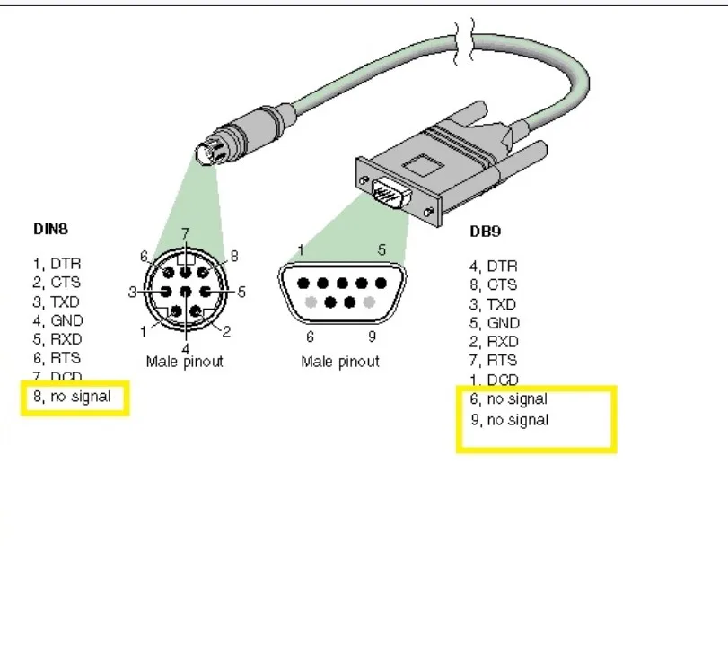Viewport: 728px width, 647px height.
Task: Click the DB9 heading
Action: pos(485,231)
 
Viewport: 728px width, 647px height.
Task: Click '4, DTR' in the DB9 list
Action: pos(493,266)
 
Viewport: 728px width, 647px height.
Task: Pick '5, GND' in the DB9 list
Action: pos(494,322)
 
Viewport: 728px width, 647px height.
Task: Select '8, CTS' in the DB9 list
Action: pos(493,284)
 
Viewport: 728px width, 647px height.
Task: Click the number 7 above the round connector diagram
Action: pos(185,234)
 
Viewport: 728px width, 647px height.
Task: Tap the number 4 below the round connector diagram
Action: pos(186,347)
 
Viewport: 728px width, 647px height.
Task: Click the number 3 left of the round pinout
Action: pos(132,292)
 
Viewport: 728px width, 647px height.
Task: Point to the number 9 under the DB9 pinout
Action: pos(372,337)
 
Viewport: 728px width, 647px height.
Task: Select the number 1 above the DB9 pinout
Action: pos(300,249)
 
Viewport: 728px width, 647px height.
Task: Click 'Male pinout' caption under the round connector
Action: pos(184,362)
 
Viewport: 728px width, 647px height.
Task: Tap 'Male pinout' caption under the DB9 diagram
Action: pos(340,362)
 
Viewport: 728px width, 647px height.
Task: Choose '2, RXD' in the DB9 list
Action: pos(494,341)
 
